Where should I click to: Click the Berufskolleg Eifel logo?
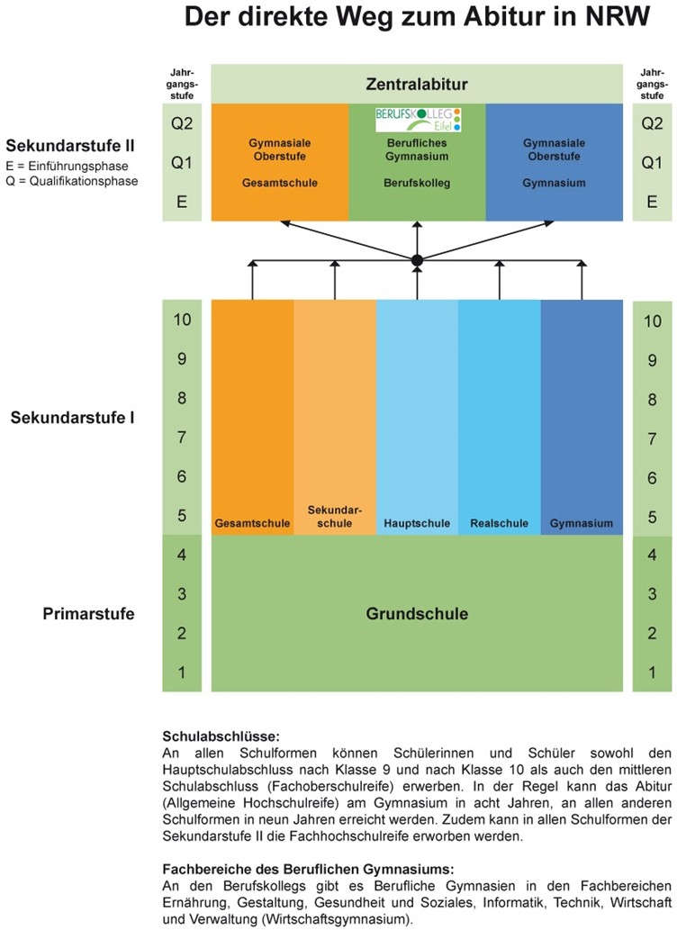418,119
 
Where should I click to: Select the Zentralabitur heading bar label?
417,85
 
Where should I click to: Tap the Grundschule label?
417,613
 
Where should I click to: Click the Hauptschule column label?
417,523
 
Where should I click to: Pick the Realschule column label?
499,523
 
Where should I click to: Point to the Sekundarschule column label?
335,517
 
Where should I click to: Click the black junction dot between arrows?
417,260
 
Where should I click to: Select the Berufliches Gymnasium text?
417,149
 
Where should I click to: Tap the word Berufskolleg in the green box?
417,183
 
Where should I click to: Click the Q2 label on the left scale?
182,123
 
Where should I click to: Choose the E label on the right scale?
652,202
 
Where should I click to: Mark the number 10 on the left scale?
182,320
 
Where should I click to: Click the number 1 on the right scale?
652,673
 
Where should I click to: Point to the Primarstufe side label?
88,613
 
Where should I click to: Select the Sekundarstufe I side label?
72,418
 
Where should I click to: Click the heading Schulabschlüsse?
221,736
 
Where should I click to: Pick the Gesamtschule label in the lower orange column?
252,523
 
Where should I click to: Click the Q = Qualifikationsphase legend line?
72,182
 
